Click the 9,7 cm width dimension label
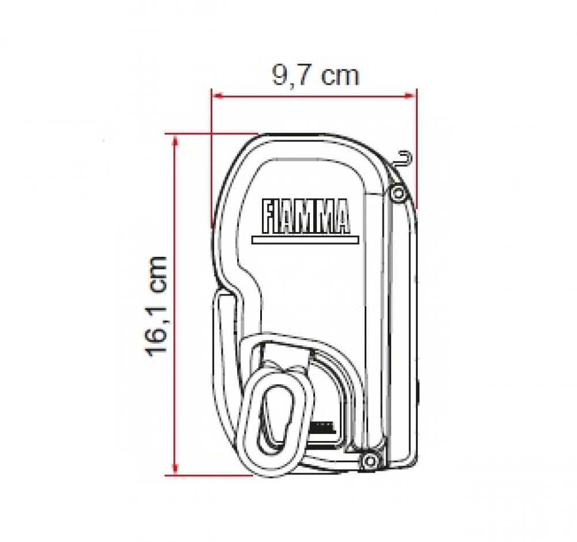(x=315, y=76)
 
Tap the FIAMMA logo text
(x=305, y=216)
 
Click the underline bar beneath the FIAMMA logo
(x=305, y=240)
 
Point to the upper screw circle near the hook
(x=397, y=193)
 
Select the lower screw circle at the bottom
(x=369, y=460)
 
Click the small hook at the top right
(x=404, y=159)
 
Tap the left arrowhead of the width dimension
(x=218, y=96)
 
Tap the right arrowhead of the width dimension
(x=410, y=96)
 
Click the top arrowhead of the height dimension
(x=175, y=140)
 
